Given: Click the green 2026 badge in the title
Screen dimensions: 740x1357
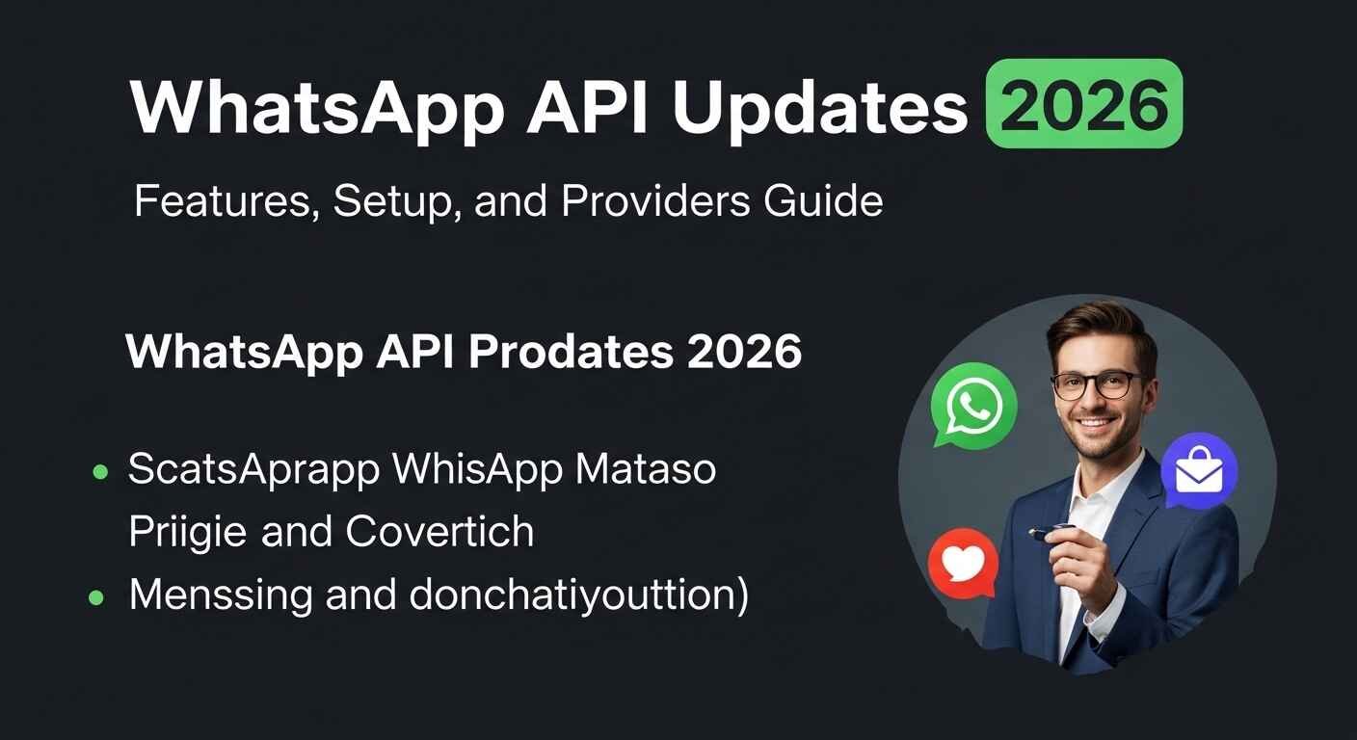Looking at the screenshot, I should pos(1084,104).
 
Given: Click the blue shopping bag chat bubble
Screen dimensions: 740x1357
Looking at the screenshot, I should pos(1199,470).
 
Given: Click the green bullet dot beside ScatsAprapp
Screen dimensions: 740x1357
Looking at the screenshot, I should pos(98,471).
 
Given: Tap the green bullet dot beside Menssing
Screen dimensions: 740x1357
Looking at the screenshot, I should pos(96,597).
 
